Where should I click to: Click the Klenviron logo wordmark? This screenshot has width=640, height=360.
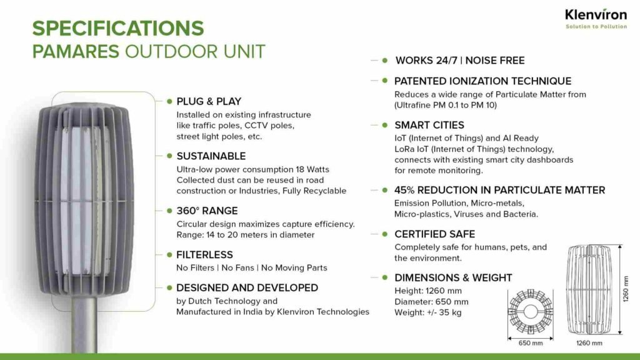click(596, 15)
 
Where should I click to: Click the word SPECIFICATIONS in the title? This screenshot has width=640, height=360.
click(118, 28)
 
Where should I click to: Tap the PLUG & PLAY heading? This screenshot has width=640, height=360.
click(209, 101)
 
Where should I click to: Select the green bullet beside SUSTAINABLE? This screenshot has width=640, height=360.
click(169, 156)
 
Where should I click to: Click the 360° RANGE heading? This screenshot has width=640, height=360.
click(207, 211)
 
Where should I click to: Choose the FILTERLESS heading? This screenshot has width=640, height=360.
click(204, 255)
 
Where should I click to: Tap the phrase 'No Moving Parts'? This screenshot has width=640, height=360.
click(294, 267)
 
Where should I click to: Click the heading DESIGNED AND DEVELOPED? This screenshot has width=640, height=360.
click(247, 287)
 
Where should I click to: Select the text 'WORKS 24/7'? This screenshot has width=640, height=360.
click(426, 61)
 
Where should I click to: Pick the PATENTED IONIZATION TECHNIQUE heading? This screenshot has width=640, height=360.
click(483, 81)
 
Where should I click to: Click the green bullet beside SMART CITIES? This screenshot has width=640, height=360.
click(385, 125)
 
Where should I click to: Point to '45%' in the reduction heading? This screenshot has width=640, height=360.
click(404, 190)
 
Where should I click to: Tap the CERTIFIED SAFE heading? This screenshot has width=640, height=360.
click(435, 234)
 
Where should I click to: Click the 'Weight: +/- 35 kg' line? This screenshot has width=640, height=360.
click(427, 312)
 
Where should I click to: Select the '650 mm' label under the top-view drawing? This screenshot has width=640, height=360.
click(531, 343)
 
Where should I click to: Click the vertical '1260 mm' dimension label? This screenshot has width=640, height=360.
click(626, 289)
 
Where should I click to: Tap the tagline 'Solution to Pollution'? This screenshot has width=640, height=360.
click(596, 26)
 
